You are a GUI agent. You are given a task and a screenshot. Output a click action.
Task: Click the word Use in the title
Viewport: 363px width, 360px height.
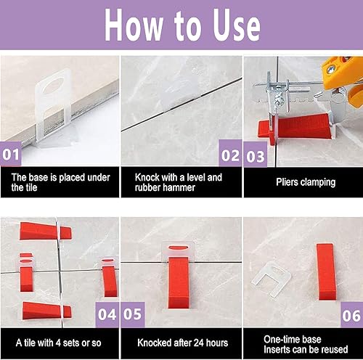pyautogui.click(x=237, y=25)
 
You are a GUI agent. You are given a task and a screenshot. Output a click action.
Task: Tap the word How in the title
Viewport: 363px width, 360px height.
pyautogui.click(x=133, y=25)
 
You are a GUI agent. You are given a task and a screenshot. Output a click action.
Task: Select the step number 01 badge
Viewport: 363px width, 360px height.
pyautogui.click(x=11, y=154)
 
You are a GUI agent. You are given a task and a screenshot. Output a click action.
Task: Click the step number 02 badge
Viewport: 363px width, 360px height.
pyautogui.click(x=230, y=153)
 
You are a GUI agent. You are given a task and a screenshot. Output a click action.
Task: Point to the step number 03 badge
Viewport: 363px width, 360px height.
pyautogui.click(x=256, y=155)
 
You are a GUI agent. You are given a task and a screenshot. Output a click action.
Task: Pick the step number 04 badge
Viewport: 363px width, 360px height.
pyautogui.click(x=107, y=314)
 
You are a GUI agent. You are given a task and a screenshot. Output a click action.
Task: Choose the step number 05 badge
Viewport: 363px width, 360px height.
pyautogui.click(x=133, y=314)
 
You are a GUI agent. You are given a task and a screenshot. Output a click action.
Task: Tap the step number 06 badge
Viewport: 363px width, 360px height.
pyautogui.click(x=351, y=315)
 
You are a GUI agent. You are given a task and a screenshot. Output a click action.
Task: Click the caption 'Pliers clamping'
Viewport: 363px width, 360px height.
pyautogui.click(x=306, y=182)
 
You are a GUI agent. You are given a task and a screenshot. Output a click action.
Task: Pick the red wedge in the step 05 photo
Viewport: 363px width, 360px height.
pyautogui.click(x=179, y=282)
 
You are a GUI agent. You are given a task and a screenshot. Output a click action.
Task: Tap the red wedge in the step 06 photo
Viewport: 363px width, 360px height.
pyautogui.click(x=326, y=272)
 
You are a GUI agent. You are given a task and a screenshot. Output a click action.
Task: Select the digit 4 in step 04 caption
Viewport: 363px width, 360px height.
pyautogui.click(x=58, y=343)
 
